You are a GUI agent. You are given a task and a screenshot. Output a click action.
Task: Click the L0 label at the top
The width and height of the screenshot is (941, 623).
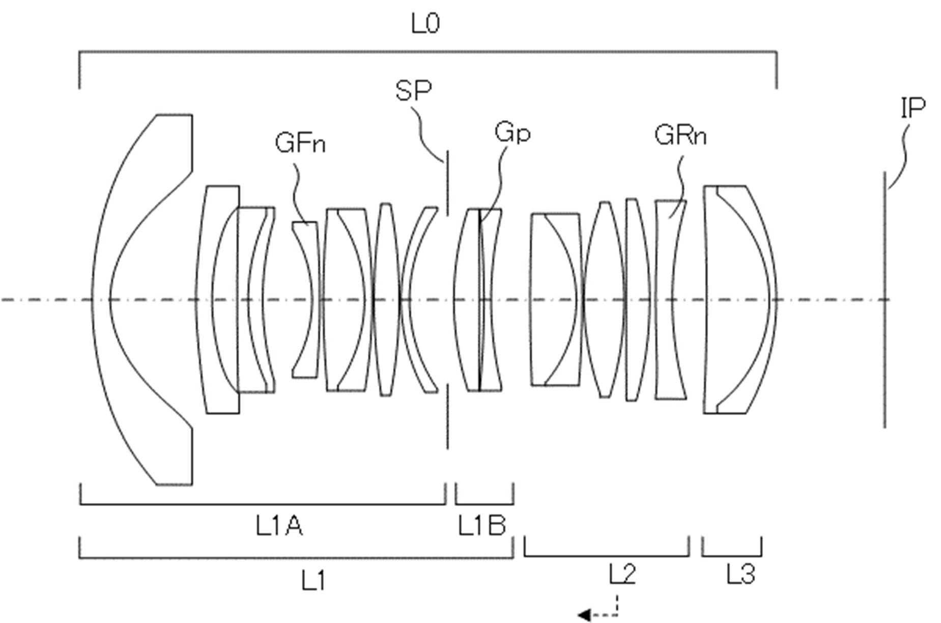pos(425,24)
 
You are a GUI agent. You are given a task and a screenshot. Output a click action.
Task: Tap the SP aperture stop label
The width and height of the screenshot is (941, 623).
pos(413,91)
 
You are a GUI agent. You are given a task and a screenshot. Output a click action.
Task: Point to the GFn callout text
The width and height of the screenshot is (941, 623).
pos(300,143)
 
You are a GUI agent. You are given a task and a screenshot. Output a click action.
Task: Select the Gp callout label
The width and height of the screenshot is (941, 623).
pos(512,133)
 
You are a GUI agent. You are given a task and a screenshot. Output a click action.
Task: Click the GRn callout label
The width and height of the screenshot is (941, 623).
pos(680,136)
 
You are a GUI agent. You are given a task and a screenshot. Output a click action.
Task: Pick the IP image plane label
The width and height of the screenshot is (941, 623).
pos(913,108)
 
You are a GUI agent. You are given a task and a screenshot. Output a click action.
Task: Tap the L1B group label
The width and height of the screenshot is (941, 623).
pos(482,526)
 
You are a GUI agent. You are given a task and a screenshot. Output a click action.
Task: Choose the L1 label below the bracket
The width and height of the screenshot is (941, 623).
pos(313,580)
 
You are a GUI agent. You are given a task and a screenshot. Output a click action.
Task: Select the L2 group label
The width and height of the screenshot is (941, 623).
pos(622,575)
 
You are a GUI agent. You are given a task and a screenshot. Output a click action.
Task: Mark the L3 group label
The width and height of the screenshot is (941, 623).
pos(740,575)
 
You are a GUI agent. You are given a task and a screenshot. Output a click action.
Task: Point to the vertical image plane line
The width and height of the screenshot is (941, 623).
pos(885,299)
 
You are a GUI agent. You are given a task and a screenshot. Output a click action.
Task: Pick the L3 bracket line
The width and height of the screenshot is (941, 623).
pos(732,556)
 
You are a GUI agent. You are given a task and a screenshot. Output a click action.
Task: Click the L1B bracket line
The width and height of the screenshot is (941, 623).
pos(484,504)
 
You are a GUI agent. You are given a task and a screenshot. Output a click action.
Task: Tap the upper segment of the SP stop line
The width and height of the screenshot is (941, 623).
pos(447,182)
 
